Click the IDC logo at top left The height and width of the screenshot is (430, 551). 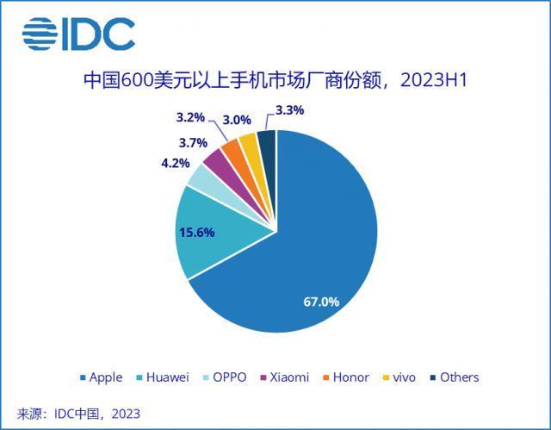tap(79, 34)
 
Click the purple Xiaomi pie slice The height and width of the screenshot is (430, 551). tap(215, 161)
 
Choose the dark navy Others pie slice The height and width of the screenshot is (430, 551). tap(267, 142)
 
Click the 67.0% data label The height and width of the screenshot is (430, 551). tap(321, 302)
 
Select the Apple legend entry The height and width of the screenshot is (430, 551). tap(102, 377)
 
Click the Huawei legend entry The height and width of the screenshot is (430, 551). tap(163, 377)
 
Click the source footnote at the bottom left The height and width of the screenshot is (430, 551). tap(78, 414)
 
